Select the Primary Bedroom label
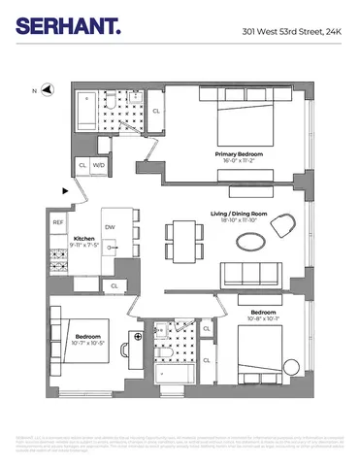coord(239,153)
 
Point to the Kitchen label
coord(84,238)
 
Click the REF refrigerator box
coord(58,222)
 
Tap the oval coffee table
coord(250,239)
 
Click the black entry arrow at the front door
coord(66,190)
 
